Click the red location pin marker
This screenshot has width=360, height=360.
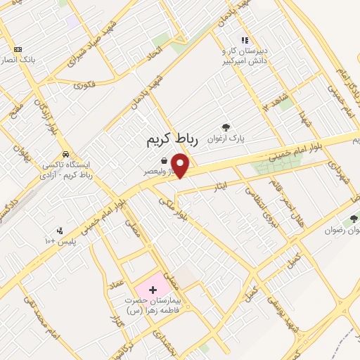coord(181,165)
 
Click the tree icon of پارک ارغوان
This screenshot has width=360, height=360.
coord(226,127)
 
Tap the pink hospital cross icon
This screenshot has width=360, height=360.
coord(153,289)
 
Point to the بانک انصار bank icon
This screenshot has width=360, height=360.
coord(18,49)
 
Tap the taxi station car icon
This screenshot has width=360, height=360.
coord(65,154)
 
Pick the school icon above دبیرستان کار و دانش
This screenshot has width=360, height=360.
coord(244,41)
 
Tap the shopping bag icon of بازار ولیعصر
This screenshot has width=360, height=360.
coord(164,160)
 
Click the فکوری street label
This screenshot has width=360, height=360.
coord(84,85)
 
